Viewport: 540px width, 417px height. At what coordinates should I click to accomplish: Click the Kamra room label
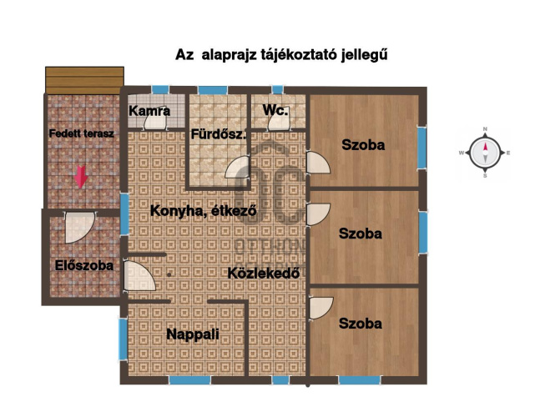(150, 110)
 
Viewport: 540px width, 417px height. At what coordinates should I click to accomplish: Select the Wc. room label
(275, 110)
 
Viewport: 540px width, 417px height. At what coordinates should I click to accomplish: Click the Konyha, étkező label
(203, 211)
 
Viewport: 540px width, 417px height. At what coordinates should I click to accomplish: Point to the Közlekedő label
(264, 273)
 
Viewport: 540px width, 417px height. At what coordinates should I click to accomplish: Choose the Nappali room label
(193, 334)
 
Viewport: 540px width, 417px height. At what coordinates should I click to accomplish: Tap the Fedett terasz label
(81, 133)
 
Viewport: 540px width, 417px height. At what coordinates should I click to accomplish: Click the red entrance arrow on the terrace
(81, 177)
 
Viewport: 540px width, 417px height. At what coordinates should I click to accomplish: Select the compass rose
(485, 153)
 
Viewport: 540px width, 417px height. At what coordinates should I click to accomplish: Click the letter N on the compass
(485, 129)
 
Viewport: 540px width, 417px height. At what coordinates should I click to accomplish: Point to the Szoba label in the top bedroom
(363, 144)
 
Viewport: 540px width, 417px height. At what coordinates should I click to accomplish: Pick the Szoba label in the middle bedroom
(361, 234)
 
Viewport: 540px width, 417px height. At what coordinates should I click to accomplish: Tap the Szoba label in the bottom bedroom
(361, 323)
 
